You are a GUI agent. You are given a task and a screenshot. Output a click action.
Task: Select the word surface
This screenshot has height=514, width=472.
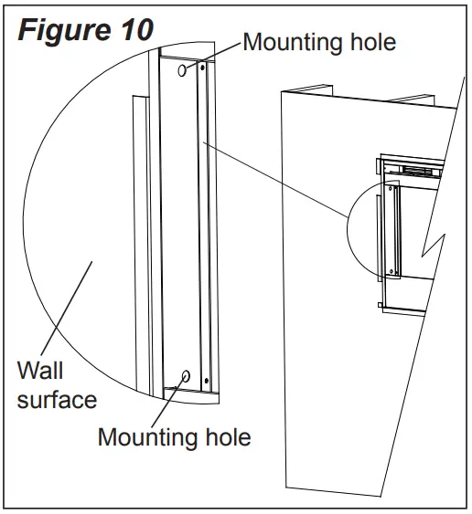[57, 400]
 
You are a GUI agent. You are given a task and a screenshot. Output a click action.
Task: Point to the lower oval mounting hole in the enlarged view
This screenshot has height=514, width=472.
[186, 375]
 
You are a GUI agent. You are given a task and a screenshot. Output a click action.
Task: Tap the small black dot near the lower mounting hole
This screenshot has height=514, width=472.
[207, 381]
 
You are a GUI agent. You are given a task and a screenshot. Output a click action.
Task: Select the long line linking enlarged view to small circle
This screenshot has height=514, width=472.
[274, 178]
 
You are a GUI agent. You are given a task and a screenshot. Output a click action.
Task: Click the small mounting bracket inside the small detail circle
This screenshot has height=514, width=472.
[393, 228]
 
